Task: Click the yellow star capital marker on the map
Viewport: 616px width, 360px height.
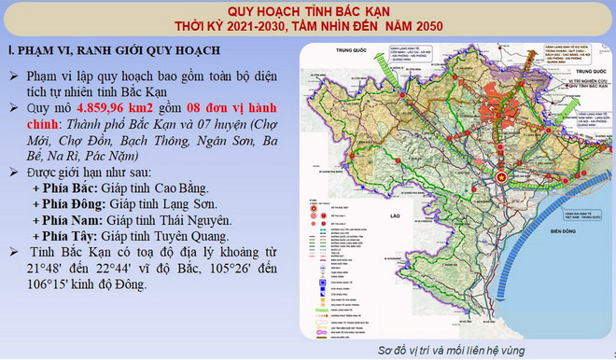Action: point(501,175)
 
